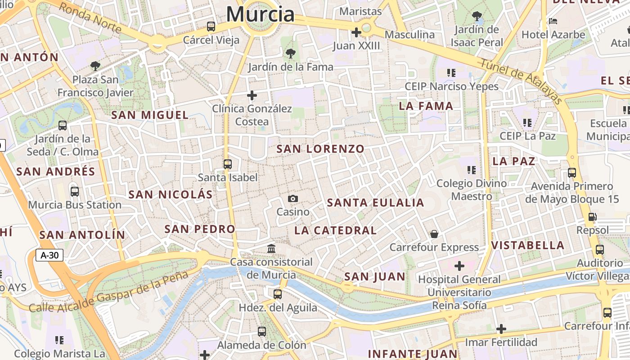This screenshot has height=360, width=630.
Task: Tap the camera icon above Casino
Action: tap(293, 198)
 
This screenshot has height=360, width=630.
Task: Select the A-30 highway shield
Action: tap(49, 256)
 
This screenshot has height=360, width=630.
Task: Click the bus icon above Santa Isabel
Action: tap(228, 164)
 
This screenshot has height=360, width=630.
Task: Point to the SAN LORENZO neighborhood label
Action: tap(320, 149)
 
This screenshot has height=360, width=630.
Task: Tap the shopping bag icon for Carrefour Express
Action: tap(434, 234)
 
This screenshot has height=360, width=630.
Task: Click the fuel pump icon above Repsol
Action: tap(593, 217)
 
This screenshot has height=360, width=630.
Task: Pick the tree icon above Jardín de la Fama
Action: tap(291, 54)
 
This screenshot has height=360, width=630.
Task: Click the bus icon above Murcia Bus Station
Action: tap(75, 191)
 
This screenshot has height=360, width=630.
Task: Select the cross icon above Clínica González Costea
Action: tap(252, 95)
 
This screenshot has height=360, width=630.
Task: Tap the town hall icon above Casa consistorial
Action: tap(271, 248)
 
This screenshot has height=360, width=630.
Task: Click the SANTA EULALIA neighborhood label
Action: tap(375, 203)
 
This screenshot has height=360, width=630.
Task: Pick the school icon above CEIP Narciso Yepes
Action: tap(452, 72)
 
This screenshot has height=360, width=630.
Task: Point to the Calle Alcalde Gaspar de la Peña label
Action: tap(115, 290)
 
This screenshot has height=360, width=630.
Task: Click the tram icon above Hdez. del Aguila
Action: tap(278, 294)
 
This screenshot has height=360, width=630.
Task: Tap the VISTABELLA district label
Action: tap(528, 245)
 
